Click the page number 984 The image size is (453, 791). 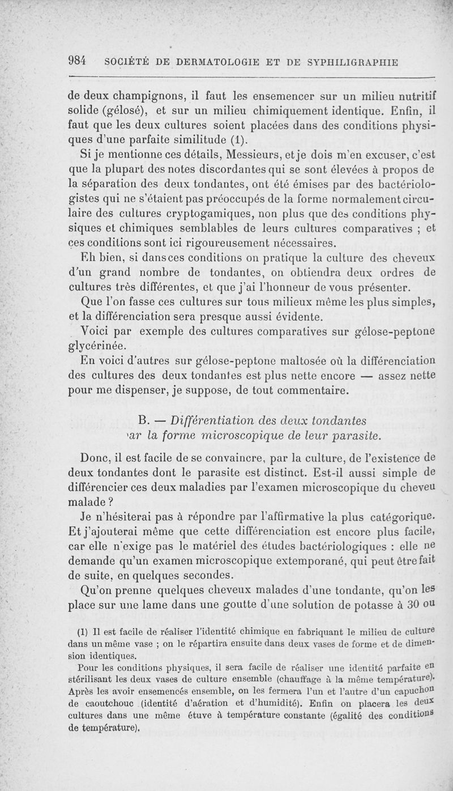pyautogui.click(x=76, y=61)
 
